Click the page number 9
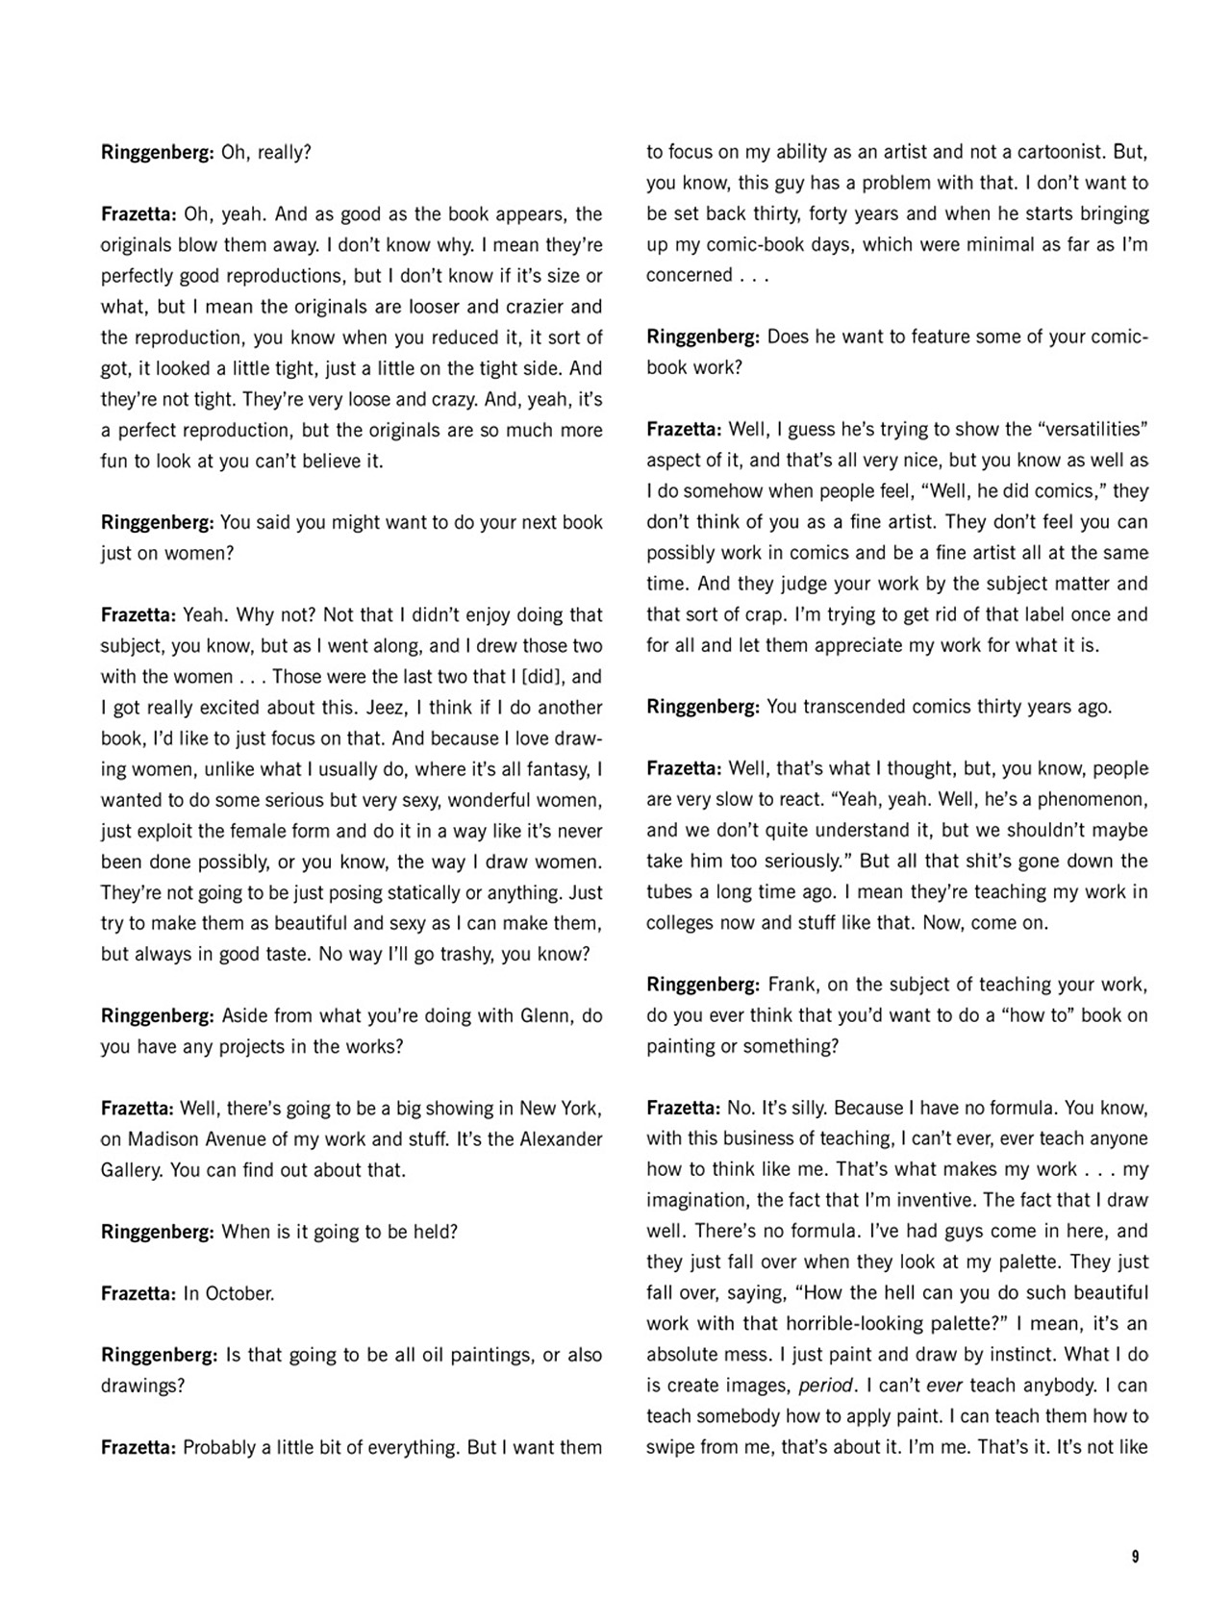coord(1135,1557)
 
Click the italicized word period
coord(826,1387)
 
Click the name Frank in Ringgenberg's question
coord(792,986)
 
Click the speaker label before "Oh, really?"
coord(157,152)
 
